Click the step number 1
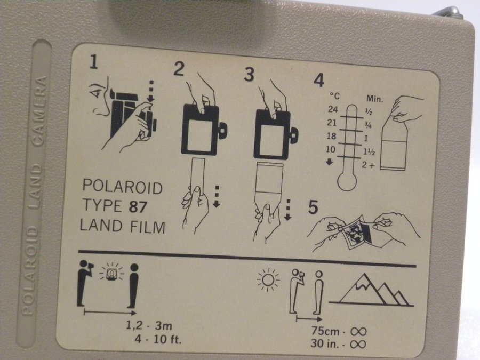coord(93,62)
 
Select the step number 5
coord(313,207)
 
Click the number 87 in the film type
coord(138,206)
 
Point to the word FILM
coord(148,227)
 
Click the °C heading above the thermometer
coord(335,96)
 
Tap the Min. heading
coord(375,99)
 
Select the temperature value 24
coord(333,109)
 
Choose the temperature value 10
coord(331,149)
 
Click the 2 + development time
coord(368,165)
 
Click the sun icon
coord(268,279)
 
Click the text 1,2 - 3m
coord(149,325)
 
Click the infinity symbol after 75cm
coord(358,331)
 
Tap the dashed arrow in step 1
coord(151,91)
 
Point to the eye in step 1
coord(96,91)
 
